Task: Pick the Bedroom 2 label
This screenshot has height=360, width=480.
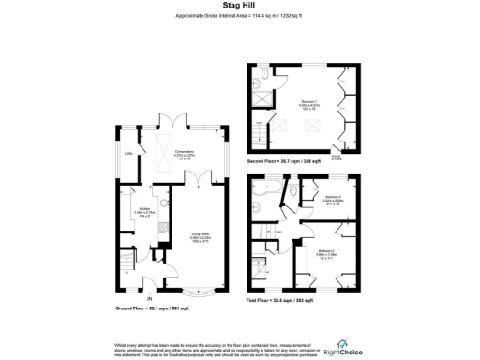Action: [325, 253]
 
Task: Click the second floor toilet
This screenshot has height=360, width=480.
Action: [265, 74]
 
